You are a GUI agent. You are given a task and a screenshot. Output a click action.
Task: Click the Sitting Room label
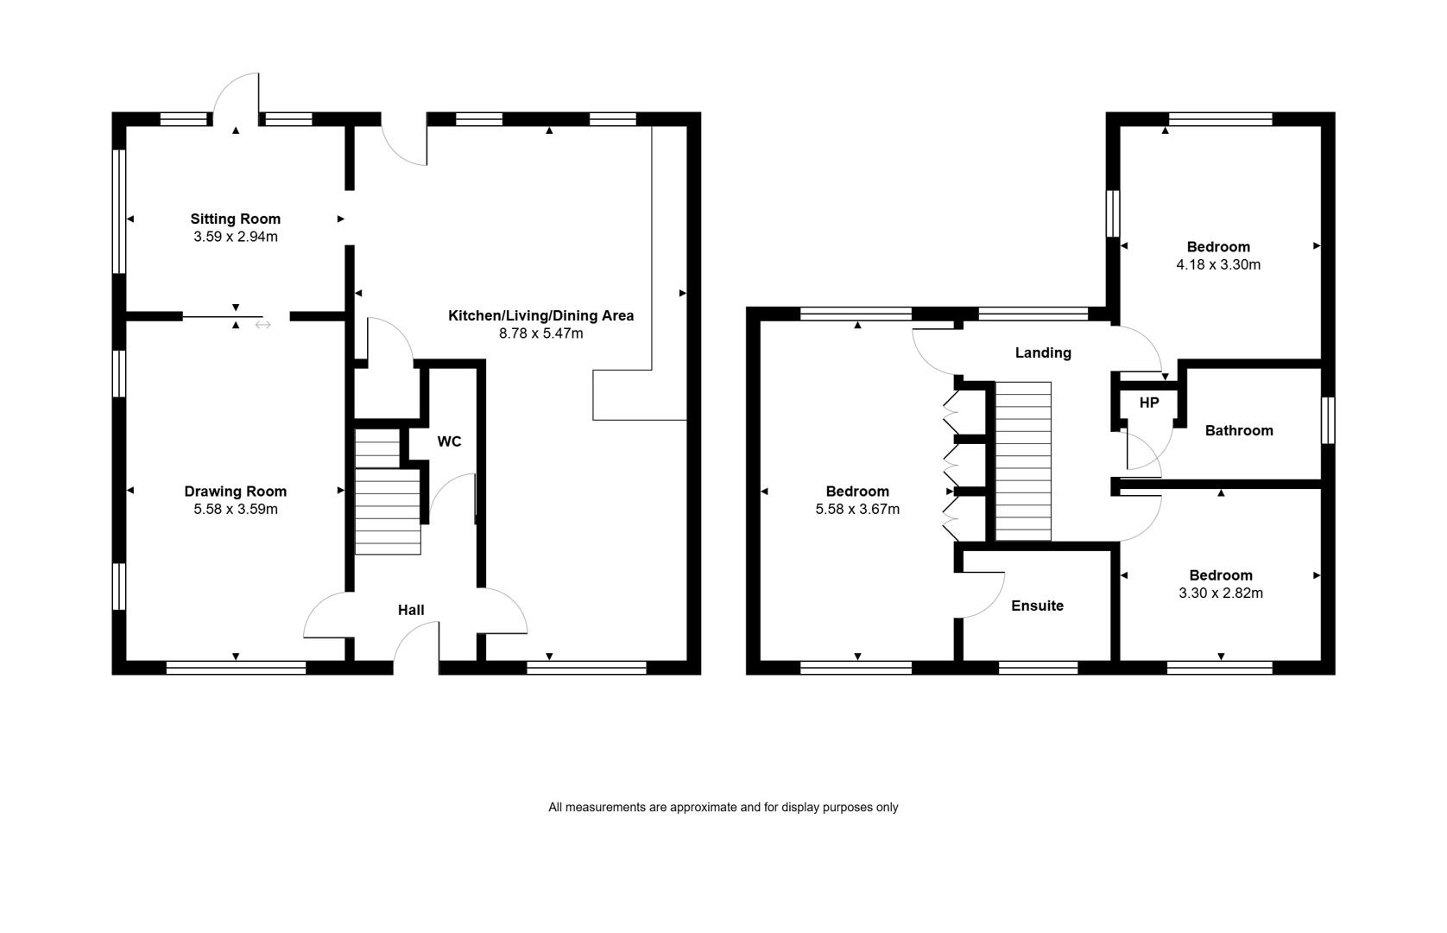point(235,219)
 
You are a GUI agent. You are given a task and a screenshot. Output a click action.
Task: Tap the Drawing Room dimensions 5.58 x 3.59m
point(236,509)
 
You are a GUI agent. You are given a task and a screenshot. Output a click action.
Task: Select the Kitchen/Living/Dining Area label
point(540,315)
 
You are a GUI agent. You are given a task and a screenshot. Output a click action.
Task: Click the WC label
point(449,441)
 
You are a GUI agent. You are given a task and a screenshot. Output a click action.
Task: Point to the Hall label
point(411,610)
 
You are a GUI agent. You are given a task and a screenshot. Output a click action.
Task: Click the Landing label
point(1043,353)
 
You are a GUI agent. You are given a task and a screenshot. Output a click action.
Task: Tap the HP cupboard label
point(1149,403)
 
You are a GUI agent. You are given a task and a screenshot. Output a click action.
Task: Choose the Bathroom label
point(1239,430)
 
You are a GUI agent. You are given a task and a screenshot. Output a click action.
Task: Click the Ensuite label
point(1037,606)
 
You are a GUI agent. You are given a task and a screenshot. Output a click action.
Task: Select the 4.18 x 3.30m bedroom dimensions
point(1218,264)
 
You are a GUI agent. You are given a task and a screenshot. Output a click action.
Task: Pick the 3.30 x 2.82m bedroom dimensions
point(1221,593)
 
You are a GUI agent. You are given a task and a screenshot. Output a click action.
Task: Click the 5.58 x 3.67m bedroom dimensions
point(857,509)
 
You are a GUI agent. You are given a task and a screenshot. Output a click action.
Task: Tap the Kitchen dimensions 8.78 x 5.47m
point(540,333)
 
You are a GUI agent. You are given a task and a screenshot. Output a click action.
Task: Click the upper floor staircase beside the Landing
point(1023,461)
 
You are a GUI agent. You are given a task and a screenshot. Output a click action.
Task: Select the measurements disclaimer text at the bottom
point(723,807)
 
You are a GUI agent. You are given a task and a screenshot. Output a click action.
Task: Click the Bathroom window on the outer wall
point(1328,420)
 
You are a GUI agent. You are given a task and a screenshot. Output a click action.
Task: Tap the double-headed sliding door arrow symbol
point(263,325)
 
